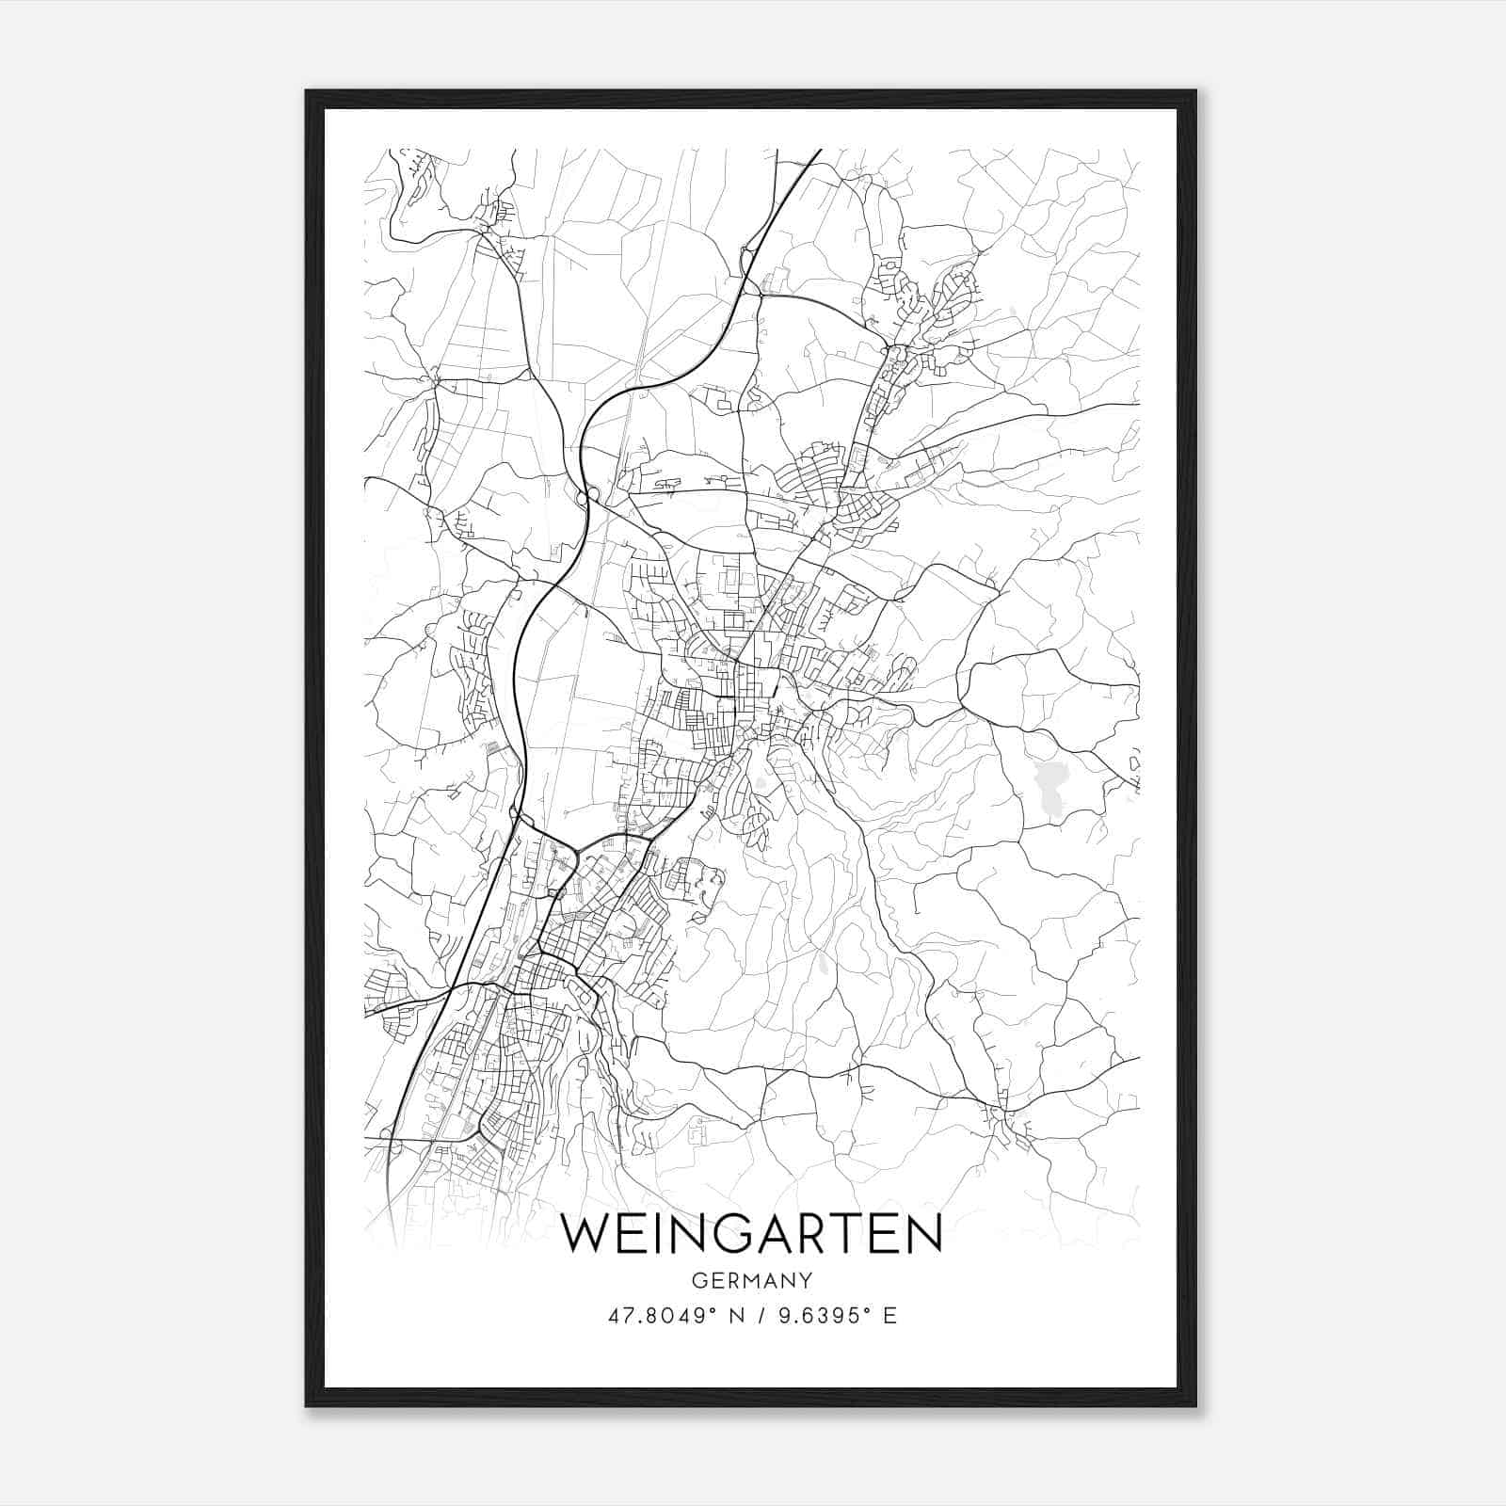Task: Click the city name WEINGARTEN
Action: pyautogui.click(x=751, y=1234)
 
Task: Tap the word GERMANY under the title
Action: pyautogui.click(x=751, y=1281)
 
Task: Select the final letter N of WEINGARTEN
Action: pyautogui.click(x=925, y=1234)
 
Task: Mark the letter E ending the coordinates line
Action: pyautogui.click(x=889, y=1316)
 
